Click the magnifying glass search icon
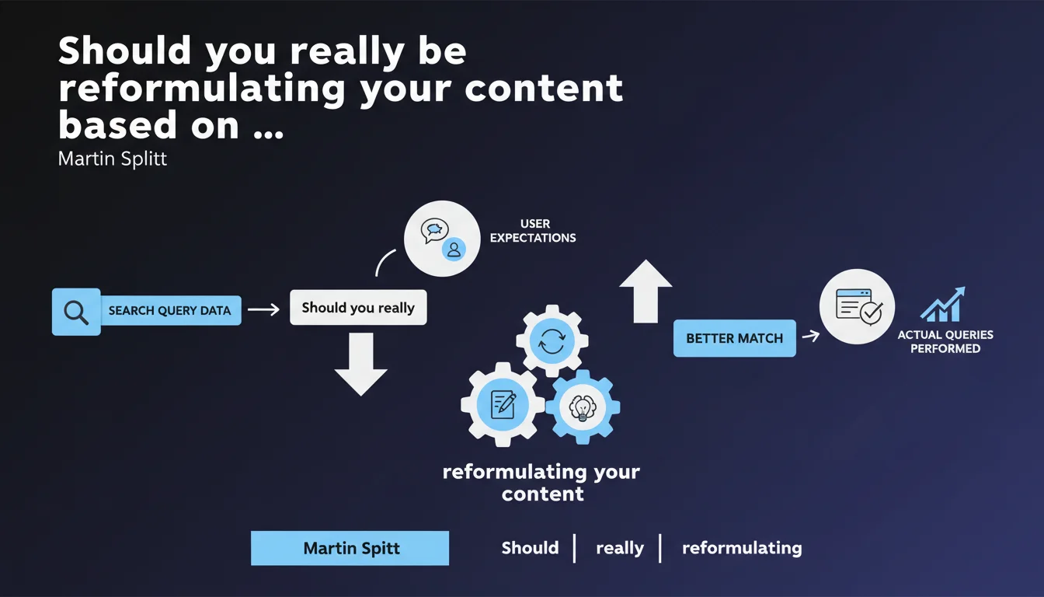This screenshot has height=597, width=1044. [76, 312]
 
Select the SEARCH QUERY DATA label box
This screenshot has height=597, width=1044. [170, 310]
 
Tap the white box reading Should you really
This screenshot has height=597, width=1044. [358, 308]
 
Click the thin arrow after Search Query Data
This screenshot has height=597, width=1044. [263, 309]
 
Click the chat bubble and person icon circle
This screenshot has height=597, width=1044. [442, 238]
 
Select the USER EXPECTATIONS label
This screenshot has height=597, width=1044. [533, 231]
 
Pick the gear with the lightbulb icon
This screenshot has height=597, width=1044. [582, 407]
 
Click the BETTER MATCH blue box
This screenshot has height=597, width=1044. [734, 338]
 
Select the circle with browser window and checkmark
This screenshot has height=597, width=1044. [858, 306]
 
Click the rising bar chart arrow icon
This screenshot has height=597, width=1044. [942, 304]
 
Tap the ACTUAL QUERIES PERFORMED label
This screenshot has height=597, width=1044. [945, 342]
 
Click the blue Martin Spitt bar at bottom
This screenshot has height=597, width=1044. [350, 548]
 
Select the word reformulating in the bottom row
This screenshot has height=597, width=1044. [741, 548]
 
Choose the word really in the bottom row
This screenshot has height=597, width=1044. [620, 548]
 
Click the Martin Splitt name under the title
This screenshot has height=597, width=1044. [113, 159]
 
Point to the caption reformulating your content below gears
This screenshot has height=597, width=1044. [541, 483]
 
